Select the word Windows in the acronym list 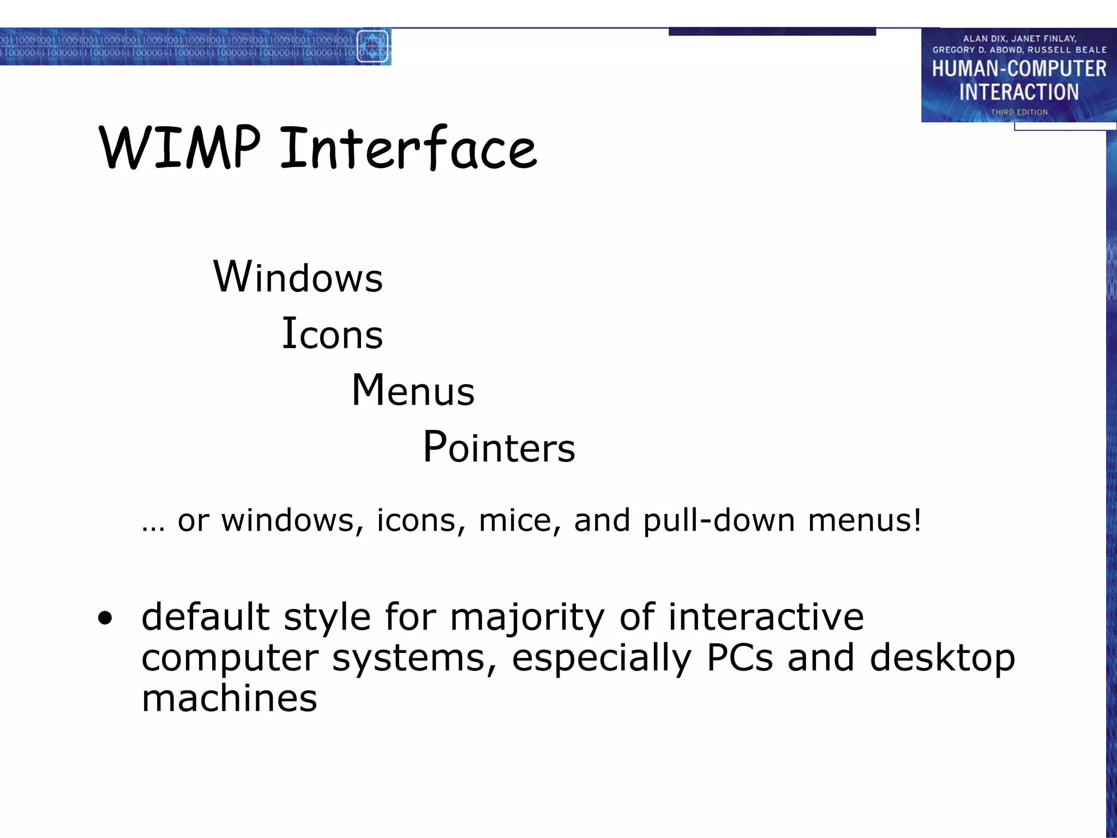pyautogui.click(x=298, y=277)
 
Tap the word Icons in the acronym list pyautogui.click(x=332, y=334)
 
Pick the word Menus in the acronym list pyautogui.click(x=413, y=391)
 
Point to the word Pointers pyautogui.click(x=499, y=447)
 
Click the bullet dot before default pyautogui.click(x=105, y=618)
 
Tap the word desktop pyautogui.click(x=942, y=659)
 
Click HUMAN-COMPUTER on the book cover pyautogui.click(x=1019, y=69)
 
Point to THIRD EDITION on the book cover pyautogui.click(x=1019, y=112)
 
